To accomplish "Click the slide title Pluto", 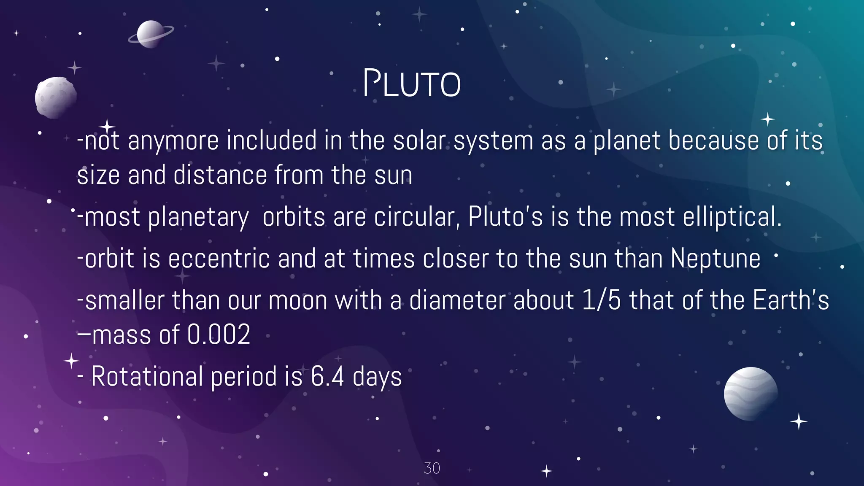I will click(x=412, y=84).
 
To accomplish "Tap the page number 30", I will click(x=432, y=468).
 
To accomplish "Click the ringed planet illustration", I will click(x=151, y=34).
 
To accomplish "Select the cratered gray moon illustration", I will click(x=55, y=97).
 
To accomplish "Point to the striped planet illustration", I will click(x=751, y=394).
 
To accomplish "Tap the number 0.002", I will click(x=219, y=335).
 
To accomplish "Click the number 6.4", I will click(x=327, y=376).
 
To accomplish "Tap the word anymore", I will click(x=173, y=141).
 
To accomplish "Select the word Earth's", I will click(x=791, y=300).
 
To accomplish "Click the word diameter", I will click(x=457, y=300).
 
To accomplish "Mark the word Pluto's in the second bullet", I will click(x=505, y=217).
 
